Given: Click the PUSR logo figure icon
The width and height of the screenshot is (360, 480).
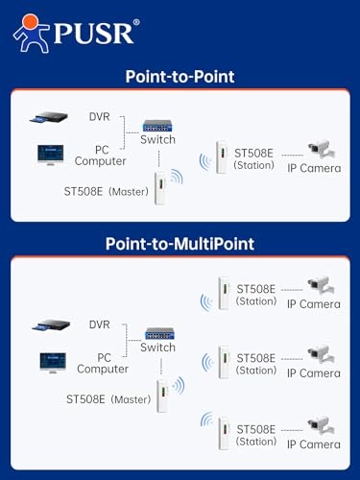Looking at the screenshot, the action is [x=31, y=34].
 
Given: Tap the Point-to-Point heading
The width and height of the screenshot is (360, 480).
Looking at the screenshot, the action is [x=180, y=77].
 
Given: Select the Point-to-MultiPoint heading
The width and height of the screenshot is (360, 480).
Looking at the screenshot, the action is [x=180, y=244].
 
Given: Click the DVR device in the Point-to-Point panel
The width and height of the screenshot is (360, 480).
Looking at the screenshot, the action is [x=49, y=117].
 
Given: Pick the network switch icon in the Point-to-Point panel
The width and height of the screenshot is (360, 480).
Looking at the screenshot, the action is [x=157, y=126].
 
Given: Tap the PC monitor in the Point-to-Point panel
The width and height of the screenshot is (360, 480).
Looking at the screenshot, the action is [x=51, y=155].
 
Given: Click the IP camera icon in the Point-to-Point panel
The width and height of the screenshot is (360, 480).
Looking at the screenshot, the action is [x=322, y=149].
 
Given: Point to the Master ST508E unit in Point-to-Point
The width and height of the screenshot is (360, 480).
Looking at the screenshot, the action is [x=160, y=188].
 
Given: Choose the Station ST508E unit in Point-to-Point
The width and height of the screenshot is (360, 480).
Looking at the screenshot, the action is [x=222, y=157].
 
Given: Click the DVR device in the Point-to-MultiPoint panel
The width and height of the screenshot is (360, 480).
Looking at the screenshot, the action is [x=51, y=325].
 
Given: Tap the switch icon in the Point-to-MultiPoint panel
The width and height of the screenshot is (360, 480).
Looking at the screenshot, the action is [x=159, y=334].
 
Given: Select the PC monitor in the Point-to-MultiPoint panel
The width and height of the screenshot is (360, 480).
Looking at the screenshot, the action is [x=53, y=363].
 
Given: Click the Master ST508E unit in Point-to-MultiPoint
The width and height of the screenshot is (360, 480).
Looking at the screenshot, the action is [x=163, y=396].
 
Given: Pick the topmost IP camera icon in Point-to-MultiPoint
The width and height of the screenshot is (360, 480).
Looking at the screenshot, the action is [x=321, y=285].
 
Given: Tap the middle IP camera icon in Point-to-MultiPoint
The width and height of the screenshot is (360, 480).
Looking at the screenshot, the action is [x=321, y=354].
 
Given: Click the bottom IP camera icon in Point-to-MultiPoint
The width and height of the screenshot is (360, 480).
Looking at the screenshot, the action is [x=321, y=425].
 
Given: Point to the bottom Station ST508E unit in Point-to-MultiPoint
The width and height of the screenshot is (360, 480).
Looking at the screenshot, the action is [x=224, y=434].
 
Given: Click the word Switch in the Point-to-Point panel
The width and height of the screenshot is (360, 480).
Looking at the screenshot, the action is [x=157, y=139].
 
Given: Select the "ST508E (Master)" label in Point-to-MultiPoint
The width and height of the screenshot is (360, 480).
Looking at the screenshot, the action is [x=108, y=399].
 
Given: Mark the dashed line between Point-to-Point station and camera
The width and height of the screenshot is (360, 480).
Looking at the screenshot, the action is [x=292, y=156].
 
